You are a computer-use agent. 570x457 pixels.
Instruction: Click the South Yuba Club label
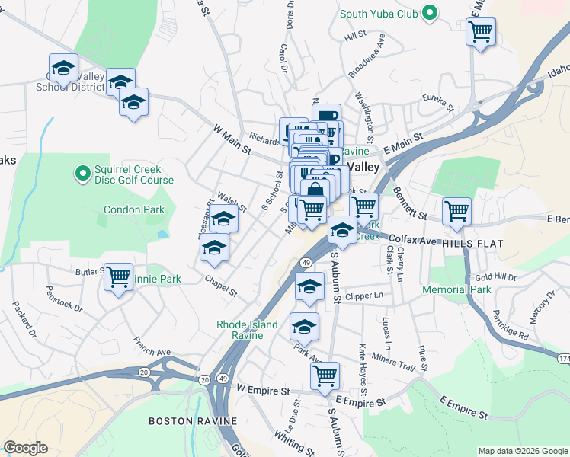379,13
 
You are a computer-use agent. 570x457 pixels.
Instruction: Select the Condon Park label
134,209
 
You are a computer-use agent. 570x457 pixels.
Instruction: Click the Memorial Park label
457,290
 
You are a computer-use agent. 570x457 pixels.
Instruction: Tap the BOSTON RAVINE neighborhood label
192,421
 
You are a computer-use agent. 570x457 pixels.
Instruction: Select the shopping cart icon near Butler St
119,277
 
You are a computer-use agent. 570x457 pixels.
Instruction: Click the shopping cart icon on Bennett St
456,211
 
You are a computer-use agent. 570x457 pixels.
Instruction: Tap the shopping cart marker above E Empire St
325,376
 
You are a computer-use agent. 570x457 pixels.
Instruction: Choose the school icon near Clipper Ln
309,288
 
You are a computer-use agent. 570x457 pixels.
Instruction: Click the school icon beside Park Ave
304,326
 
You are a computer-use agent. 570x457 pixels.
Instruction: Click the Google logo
25,448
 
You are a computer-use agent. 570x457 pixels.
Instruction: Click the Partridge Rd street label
509,324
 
